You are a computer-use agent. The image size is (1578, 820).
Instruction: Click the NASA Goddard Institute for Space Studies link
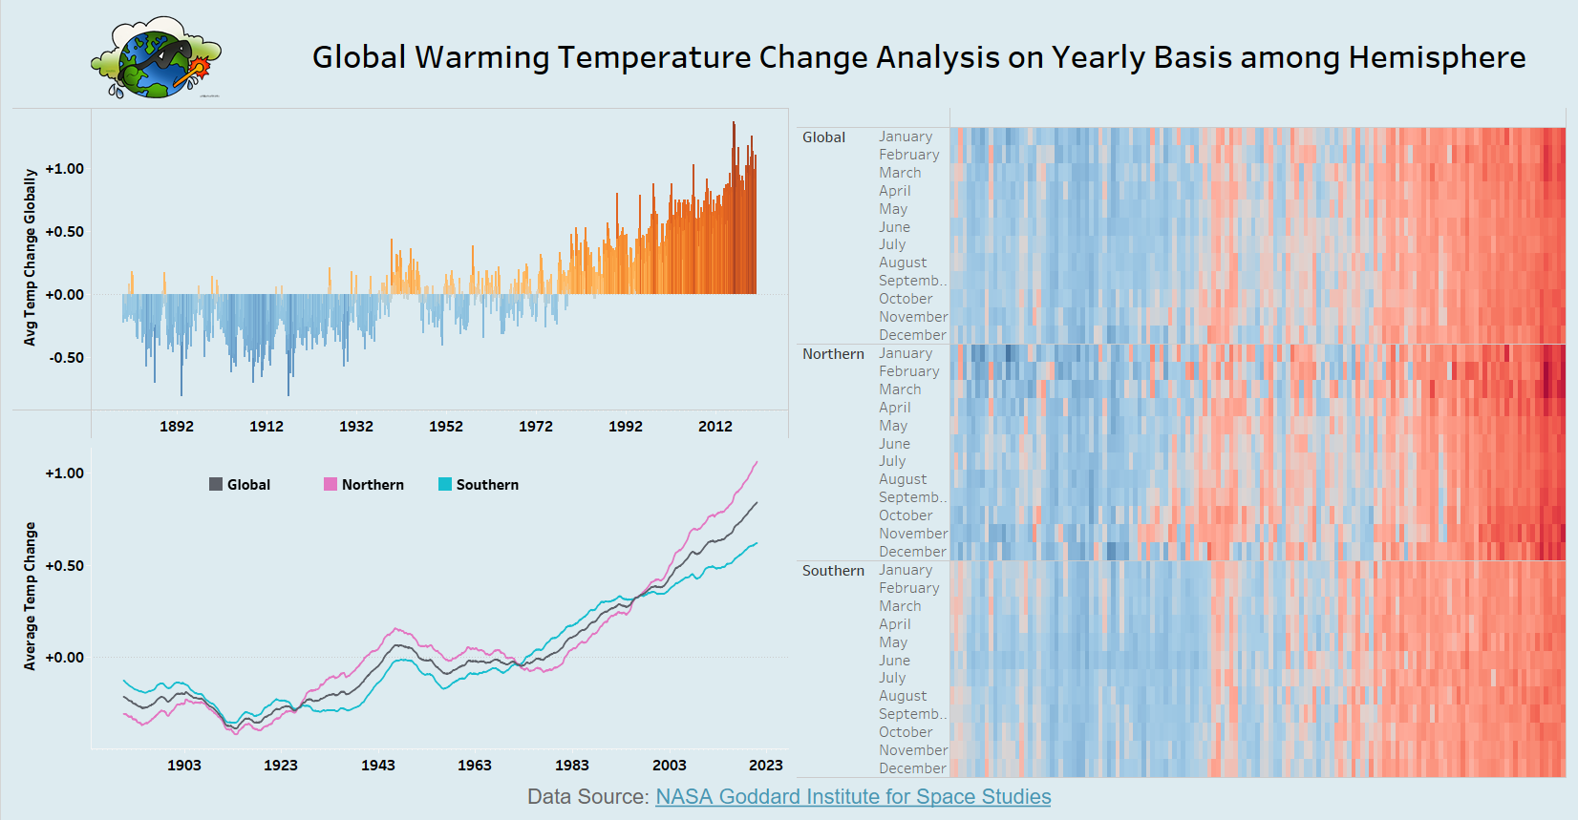(x=853, y=797)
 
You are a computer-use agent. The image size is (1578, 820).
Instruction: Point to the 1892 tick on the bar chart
(x=177, y=427)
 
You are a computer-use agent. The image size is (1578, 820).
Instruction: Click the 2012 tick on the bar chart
(x=715, y=427)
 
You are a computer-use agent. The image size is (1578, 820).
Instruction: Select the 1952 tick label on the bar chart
(x=446, y=427)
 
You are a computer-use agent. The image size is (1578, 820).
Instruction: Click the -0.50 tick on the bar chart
(x=67, y=358)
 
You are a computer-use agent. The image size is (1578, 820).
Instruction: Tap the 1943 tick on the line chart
(x=378, y=766)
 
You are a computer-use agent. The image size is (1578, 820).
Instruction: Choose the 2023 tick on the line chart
(x=766, y=766)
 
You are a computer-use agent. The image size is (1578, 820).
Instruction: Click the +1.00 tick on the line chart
(x=65, y=473)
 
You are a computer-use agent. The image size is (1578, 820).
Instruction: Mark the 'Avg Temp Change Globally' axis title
(x=31, y=258)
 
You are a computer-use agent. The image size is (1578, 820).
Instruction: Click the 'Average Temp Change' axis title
(x=31, y=597)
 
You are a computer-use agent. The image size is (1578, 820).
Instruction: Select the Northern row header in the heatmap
(x=833, y=354)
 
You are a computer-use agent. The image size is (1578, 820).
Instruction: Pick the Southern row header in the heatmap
(x=833, y=571)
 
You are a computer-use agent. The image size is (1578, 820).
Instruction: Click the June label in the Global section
(x=895, y=227)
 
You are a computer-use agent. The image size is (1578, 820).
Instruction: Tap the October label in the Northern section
(x=906, y=515)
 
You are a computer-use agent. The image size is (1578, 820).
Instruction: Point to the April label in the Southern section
(x=895, y=624)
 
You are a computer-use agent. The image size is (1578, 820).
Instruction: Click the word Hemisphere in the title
(x=1437, y=57)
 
